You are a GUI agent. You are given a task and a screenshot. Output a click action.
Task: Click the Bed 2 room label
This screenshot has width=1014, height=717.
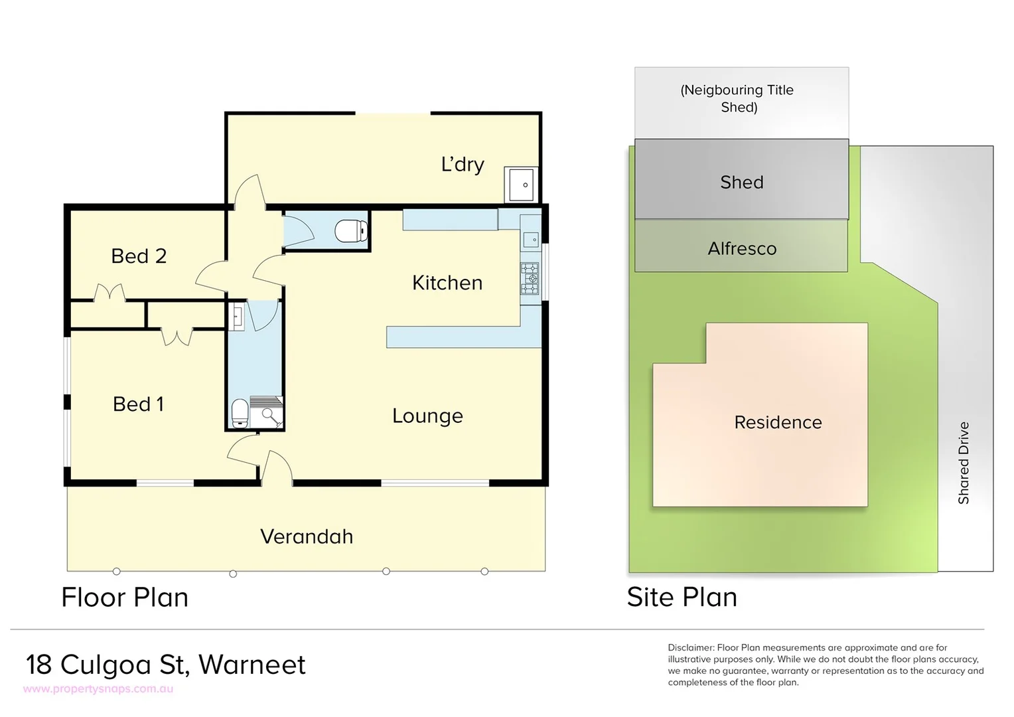138,256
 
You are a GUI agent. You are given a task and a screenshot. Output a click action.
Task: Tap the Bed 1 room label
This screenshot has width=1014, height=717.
138,404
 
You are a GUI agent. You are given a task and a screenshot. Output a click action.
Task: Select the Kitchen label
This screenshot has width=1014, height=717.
447,283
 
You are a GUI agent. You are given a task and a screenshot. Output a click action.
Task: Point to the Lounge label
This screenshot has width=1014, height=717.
427,416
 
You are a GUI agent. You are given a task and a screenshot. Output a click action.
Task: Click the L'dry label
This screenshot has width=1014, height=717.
463,165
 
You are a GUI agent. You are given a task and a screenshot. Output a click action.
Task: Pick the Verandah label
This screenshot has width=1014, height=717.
307,536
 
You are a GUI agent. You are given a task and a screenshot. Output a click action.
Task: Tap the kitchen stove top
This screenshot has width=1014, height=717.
530,279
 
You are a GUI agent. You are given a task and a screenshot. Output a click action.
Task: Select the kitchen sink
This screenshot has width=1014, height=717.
530,239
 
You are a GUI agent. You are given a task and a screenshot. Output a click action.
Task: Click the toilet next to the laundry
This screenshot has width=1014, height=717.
351,231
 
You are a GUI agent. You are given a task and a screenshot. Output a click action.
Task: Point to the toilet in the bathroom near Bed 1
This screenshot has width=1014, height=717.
240,414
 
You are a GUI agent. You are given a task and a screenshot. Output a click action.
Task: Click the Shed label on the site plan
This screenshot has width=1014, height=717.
742,183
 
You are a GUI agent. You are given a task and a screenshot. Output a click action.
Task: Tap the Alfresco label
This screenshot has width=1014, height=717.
742,249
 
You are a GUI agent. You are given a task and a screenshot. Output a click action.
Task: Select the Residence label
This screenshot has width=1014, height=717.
778,422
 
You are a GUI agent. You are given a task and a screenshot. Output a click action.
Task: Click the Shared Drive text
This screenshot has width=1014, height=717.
964,463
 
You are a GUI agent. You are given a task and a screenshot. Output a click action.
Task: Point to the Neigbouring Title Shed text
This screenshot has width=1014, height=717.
737,98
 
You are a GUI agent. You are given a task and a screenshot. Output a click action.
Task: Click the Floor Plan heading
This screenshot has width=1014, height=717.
125,597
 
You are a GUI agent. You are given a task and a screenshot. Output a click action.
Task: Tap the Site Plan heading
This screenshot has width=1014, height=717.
682,597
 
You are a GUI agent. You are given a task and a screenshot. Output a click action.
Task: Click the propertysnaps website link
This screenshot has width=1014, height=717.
98,689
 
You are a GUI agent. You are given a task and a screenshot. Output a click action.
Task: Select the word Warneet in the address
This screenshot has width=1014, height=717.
252,665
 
